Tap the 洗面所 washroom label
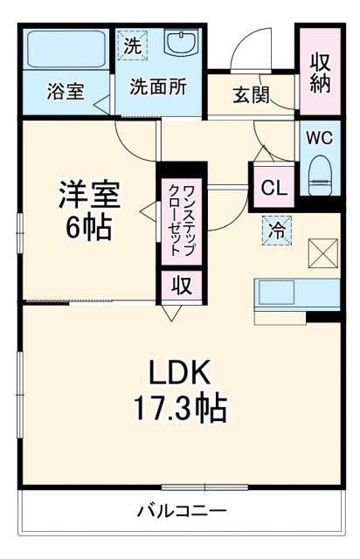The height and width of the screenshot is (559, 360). (158, 86)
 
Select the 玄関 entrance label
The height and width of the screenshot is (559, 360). (249, 95)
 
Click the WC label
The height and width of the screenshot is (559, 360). (319, 138)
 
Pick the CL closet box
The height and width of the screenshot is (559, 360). (272, 187)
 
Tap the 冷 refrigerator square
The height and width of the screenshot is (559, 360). (276, 231)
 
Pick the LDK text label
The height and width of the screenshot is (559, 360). (178, 373)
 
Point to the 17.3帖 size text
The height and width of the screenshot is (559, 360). (178, 408)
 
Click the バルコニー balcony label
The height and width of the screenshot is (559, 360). (181, 511)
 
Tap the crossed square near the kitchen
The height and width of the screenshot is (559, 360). (323, 254)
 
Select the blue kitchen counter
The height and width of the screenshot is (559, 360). (296, 293)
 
